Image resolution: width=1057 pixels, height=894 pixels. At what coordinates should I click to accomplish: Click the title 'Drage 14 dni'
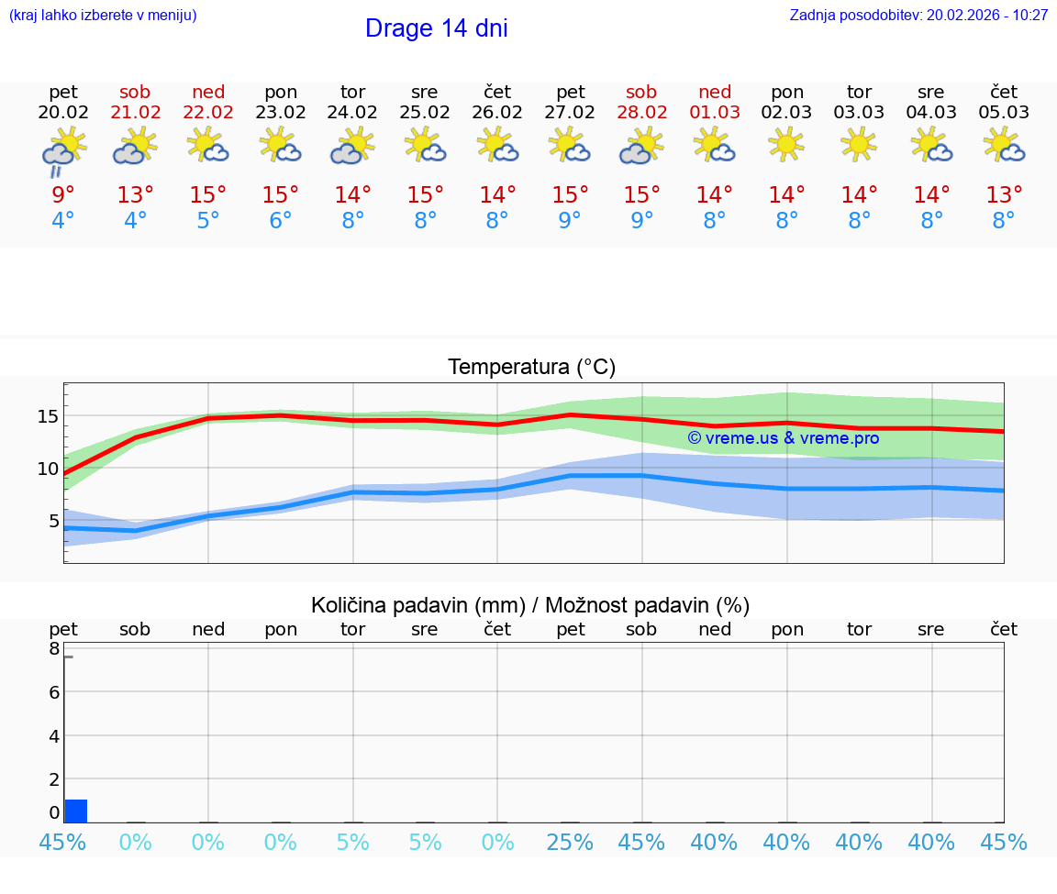(x=436, y=28)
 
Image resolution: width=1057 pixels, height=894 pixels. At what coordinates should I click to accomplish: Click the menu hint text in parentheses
(x=103, y=16)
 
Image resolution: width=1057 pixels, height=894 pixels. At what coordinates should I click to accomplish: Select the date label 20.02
(x=63, y=113)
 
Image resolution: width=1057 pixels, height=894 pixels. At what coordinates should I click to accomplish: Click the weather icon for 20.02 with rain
(x=63, y=151)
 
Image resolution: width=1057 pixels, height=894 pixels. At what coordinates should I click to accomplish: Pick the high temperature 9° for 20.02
(x=63, y=195)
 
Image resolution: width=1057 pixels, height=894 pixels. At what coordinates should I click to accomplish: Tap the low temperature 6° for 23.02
(x=280, y=221)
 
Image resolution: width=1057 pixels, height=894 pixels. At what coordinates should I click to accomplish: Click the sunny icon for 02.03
(x=786, y=144)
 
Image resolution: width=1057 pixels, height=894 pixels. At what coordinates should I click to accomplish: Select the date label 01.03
(x=715, y=113)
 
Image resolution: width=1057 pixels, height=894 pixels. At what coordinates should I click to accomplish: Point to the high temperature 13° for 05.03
(x=1004, y=195)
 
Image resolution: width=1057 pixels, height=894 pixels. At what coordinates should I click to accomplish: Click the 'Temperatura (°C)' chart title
(x=531, y=368)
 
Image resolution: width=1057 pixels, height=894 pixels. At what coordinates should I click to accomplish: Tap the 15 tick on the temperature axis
(x=48, y=416)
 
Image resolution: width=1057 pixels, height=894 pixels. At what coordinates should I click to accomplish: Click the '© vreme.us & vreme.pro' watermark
(x=783, y=438)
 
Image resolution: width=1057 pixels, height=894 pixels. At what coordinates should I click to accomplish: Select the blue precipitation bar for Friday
(x=76, y=811)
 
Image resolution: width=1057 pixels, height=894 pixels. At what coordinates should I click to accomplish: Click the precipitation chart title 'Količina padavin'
(x=530, y=605)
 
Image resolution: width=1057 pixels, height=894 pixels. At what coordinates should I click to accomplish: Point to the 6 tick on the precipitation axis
(x=54, y=692)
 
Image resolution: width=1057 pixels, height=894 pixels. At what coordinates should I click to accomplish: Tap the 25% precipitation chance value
(x=570, y=843)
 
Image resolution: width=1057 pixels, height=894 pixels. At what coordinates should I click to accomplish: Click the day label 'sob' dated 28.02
(x=641, y=92)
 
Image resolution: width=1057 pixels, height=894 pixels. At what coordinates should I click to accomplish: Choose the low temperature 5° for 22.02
(x=208, y=221)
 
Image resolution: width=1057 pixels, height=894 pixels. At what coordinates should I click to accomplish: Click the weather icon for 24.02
(x=352, y=146)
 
